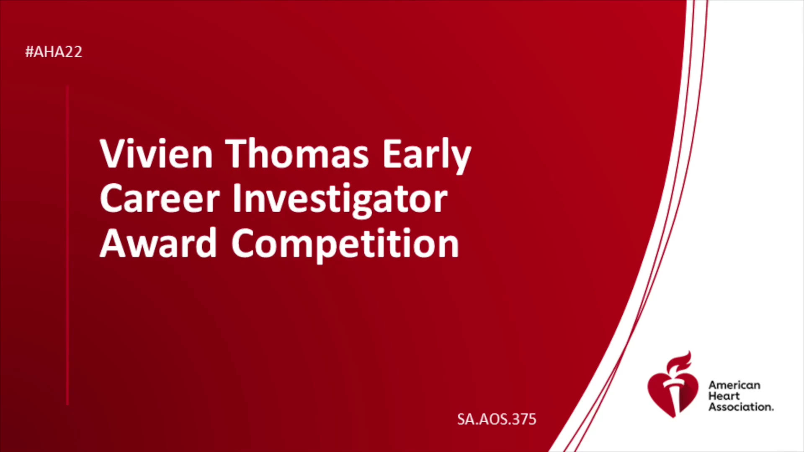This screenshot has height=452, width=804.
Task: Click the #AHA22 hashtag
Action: pos(54,52)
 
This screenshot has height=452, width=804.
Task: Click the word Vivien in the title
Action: pos(156,154)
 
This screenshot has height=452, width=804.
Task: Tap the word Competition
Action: pos(345,245)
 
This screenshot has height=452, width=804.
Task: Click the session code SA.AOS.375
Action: pos(497,419)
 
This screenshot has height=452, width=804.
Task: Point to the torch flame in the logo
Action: pos(680,362)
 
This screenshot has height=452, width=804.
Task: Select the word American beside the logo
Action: pos(734,385)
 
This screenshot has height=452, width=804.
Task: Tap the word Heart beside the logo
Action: pos(724,396)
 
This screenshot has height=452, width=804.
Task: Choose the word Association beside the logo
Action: pos(741,407)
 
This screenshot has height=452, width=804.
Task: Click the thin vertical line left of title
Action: pos(67,245)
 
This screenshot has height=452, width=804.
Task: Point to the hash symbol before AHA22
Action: pos(29,52)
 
